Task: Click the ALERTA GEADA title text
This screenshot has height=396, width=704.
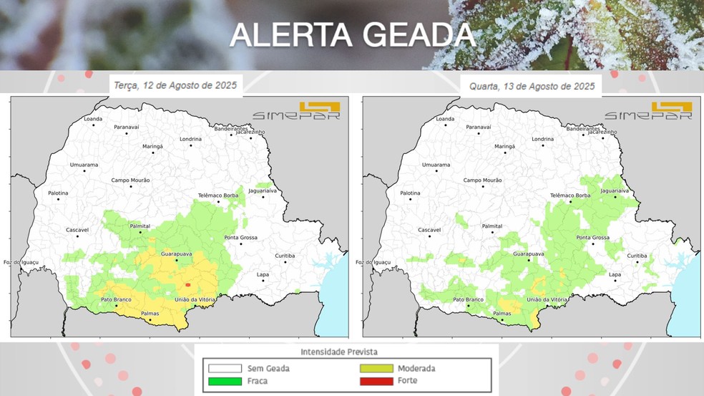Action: coord(352,34)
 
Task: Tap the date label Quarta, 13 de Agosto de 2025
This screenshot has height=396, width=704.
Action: coord(532,86)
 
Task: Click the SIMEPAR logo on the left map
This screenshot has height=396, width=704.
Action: coord(296,112)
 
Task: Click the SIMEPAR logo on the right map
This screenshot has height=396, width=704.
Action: coord(648,112)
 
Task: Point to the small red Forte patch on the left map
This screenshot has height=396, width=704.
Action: coord(187,285)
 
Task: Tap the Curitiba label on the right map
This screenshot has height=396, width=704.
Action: coord(637,256)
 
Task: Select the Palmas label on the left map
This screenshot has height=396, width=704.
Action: coord(150,313)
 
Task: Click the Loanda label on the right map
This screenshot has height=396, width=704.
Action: coord(445,119)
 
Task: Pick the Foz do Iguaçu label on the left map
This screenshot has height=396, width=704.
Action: coord(20,262)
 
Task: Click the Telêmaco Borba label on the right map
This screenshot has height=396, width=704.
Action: coord(569,195)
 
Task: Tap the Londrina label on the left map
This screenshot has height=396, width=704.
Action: coord(191,139)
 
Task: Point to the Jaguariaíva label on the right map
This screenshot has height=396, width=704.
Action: coord(615,191)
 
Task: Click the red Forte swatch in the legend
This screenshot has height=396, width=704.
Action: coord(376,381)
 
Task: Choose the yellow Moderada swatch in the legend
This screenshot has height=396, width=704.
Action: coord(376,369)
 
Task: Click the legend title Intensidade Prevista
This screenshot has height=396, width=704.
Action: coord(338,352)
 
